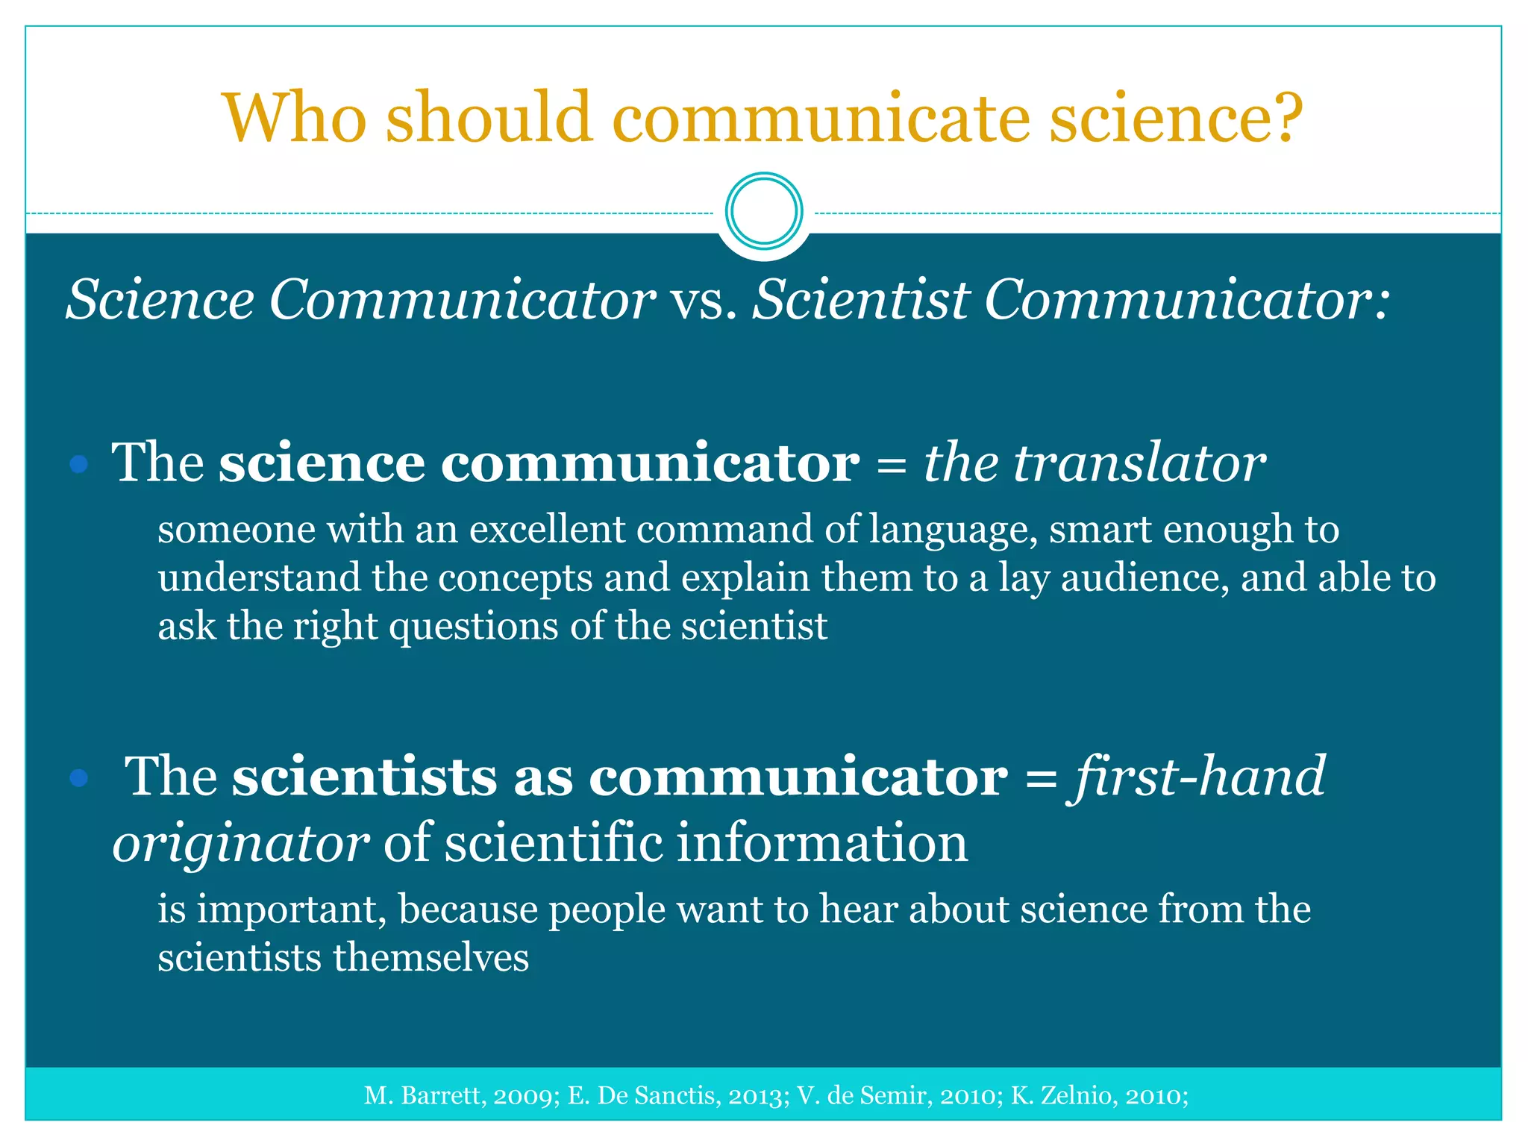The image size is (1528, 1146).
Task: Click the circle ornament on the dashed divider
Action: pyautogui.click(x=763, y=211)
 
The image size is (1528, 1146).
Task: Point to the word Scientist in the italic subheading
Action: pyautogui.click(x=861, y=300)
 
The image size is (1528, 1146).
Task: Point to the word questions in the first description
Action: pyautogui.click(x=474, y=627)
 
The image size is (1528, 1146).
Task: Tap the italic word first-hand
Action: pyautogui.click(x=1199, y=777)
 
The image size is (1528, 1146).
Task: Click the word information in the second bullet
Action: pyautogui.click(x=821, y=843)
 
